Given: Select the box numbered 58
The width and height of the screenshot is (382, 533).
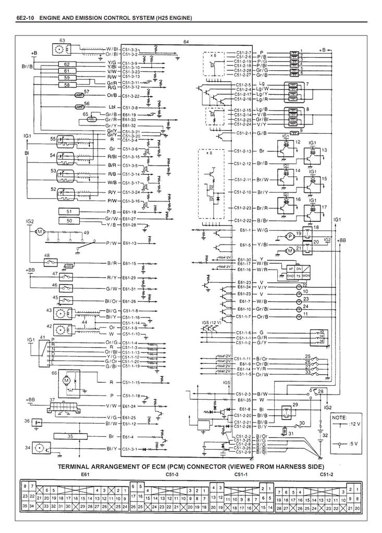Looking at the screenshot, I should point(67,84).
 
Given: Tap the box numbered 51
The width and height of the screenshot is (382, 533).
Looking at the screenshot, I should point(69,212).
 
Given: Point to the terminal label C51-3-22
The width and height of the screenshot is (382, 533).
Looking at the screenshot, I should point(131,96).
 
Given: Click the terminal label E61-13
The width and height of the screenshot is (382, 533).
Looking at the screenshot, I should point(130,243).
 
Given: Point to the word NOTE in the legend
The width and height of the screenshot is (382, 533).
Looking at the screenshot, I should point(339,418).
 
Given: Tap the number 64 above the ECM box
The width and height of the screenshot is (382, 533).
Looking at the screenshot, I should point(186,42).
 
